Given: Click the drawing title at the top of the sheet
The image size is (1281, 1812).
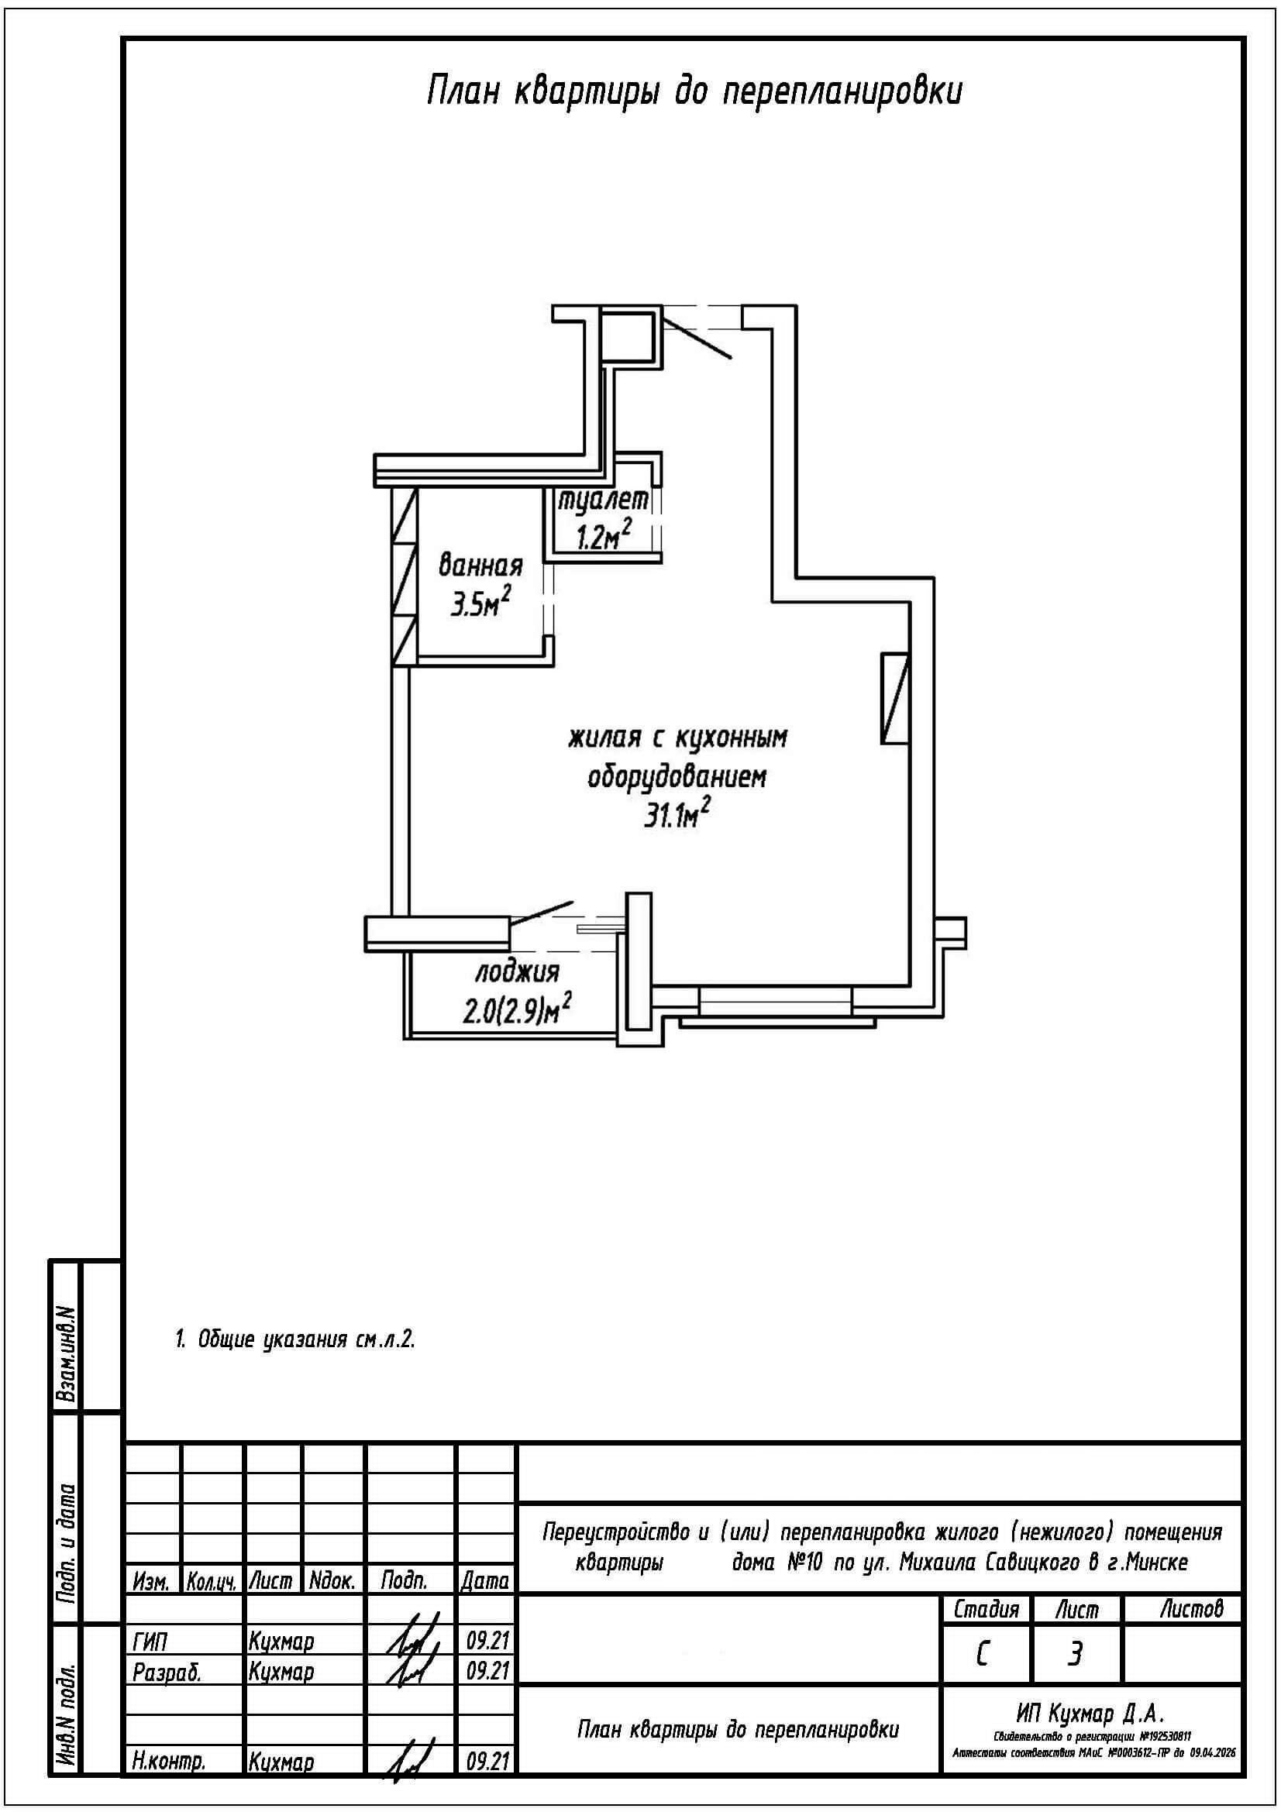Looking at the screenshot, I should click(x=694, y=92).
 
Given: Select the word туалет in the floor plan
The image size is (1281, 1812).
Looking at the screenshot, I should click(x=604, y=500).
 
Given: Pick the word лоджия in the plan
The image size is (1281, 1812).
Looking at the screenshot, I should click(x=517, y=972).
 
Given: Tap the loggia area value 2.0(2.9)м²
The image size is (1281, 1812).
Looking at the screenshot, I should click(x=517, y=1009).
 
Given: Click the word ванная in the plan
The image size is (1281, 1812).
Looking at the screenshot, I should click(x=480, y=566).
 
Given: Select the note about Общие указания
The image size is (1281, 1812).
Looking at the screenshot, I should click(x=294, y=1339).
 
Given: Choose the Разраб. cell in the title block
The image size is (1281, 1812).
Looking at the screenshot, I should click(x=167, y=1673).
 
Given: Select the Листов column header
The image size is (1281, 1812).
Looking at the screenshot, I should click(x=1191, y=1608).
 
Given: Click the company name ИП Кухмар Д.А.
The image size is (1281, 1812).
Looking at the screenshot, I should click(x=1090, y=1714).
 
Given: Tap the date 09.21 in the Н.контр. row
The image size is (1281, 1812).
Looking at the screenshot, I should click(x=485, y=1762).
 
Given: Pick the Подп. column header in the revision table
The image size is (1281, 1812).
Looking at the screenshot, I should click(x=404, y=1581).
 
